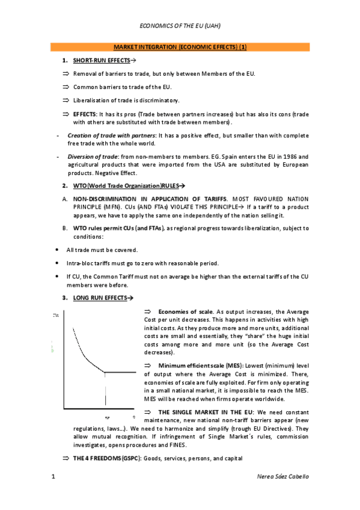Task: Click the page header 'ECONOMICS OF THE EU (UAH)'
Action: [x=180, y=26]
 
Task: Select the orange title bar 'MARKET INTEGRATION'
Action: [x=180, y=47]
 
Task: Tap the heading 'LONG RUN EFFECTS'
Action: [x=99, y=298]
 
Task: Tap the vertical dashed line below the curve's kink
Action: [x=106, y=394]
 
